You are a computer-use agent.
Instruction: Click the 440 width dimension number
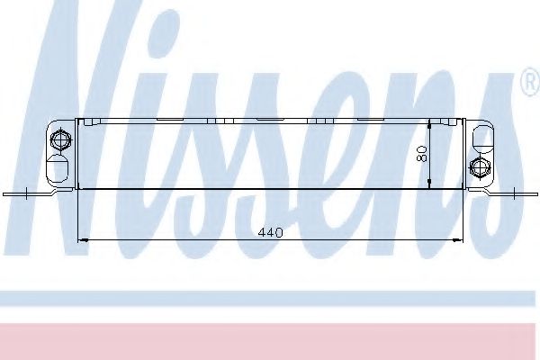[x=270, y=232]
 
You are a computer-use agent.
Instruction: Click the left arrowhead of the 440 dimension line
[x=85, y=240]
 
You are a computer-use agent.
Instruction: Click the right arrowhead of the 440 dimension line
[x=459, y=240]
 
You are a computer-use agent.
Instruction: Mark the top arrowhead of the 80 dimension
[x=430, y=123]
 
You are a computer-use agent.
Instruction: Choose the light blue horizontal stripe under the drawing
[x=270, y=298]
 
